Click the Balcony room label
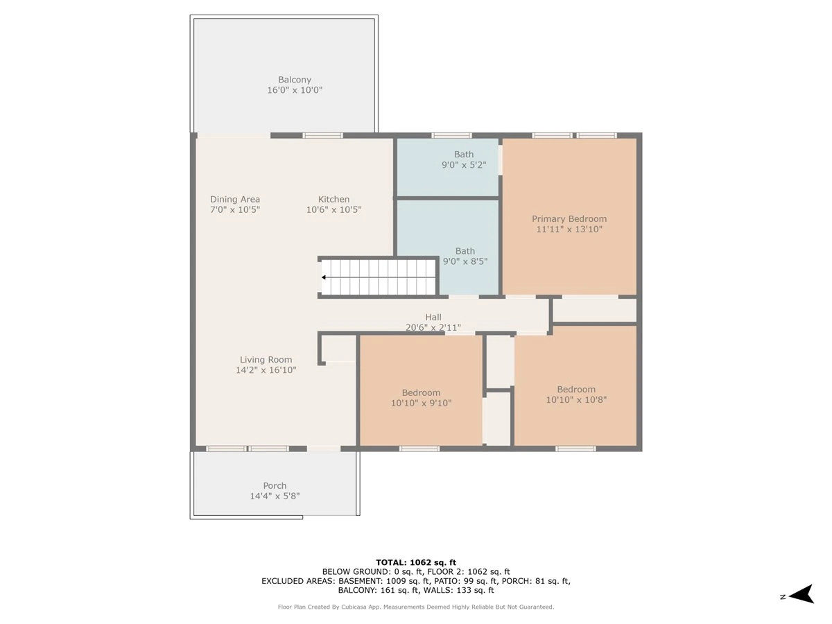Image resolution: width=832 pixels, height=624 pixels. click(295, 80)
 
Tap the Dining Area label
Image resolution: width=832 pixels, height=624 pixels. click(235, 199)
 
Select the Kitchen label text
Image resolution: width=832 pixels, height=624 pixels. click(333, 199)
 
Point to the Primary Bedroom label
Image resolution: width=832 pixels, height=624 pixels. click(569, 218)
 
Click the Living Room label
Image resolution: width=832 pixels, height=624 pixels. click(266, 360)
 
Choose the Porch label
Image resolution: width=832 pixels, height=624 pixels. click(275, 485)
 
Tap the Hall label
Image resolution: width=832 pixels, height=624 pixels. click(433, 317)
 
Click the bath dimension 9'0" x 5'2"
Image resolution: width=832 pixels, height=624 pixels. click(464, 165)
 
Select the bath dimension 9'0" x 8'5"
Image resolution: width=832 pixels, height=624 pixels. click(465, 261)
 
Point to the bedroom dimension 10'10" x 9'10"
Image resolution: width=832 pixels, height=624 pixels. click(421, 403)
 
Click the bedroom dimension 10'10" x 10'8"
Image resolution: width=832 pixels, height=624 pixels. click(576, 399)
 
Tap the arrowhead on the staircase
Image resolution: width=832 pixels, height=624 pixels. click(324, 277)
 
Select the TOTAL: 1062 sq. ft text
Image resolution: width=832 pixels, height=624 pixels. click(416, 562)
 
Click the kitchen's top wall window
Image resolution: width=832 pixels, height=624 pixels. click(322, 135)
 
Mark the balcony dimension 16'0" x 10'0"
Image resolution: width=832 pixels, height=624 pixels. click(295, 90)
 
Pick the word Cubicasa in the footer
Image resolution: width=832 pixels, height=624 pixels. click(355, 607)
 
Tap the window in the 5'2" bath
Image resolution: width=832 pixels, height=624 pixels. click(451, 135)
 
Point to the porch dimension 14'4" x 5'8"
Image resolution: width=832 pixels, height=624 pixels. click(275, 496)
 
